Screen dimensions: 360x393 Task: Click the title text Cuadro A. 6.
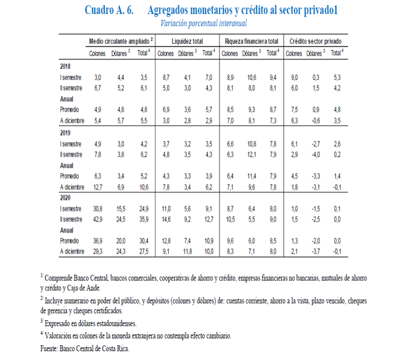point(109,10)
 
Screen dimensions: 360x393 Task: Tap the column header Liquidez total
point(187,41)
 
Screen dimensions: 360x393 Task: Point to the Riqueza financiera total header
point(252,41)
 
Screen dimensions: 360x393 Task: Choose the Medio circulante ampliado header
point(121,41)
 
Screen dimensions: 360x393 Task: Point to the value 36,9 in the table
point(98,241)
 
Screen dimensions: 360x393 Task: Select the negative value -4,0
point(316,154)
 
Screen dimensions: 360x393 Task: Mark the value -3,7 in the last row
point(316,252)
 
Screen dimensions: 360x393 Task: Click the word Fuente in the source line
point(50,348)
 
